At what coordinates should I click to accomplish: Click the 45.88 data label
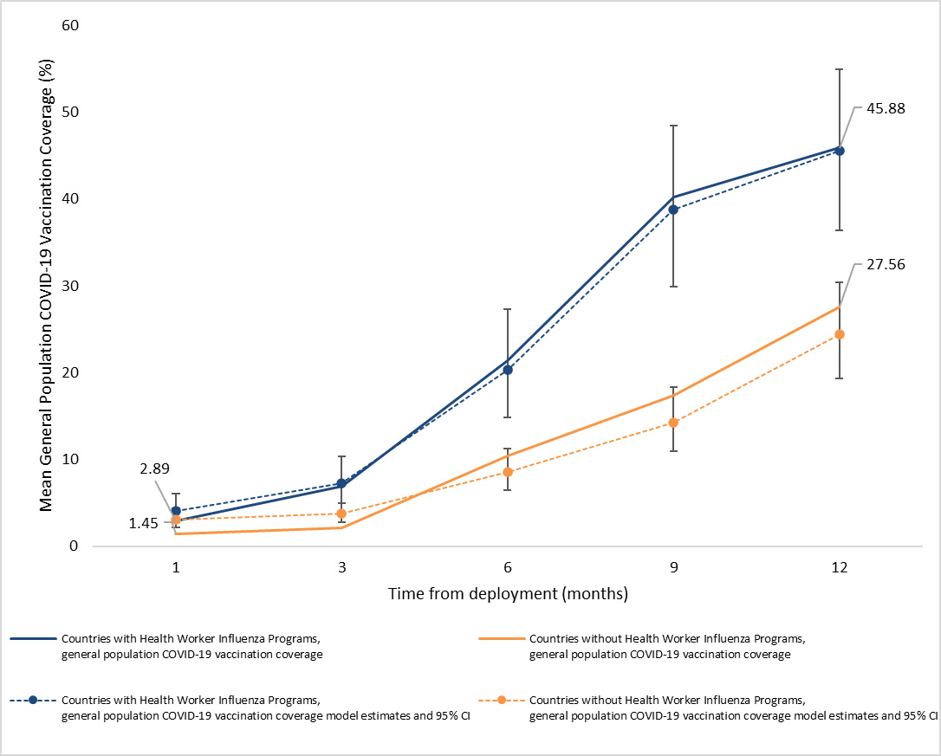pyautogui.click(x=880, y=109)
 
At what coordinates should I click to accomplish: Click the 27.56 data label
pyautogui.click(x=880, y=266)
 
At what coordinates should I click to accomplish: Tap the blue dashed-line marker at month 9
pyautogui.click(x=673, y=210)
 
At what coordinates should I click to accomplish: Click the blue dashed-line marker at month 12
pyautogui.click(x=840, y=151)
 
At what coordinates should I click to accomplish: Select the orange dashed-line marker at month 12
pyautogui.click(x=840, y=334)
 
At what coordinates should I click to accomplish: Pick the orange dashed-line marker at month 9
pyautogui.click(x=673, y=423)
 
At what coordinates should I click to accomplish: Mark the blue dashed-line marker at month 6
pyautogui.click(x=508, y=370)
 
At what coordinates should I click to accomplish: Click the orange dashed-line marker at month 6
pyautogui.click(x=508, y=472)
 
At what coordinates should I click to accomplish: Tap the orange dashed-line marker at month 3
pyautogui.click(x=341, y=514)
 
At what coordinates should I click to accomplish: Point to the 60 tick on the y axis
pyautogui.click(x=71, y=25)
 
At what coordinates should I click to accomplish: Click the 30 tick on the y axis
pyautogui.click(x=71, y=286)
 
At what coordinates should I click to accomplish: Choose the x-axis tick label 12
pyautogui.click(x=840, y=568)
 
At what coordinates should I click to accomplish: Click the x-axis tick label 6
pyautogui.click(x=508, y=568)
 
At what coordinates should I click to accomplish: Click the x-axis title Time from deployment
pyautogui.click(x=508, y=594)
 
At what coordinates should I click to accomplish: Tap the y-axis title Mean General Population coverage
pyautogui.click(x=47, y=286)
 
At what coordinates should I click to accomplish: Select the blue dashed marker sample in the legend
pyautogui.click(x=33, y=699)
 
